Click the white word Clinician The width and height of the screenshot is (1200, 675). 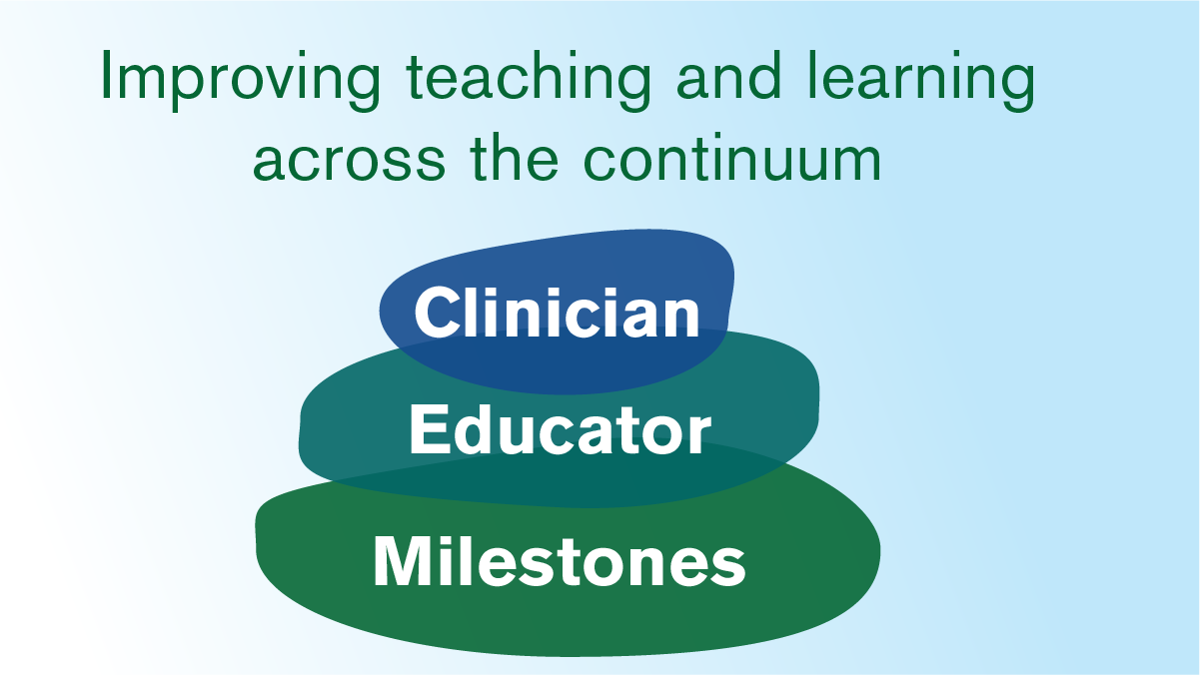558,313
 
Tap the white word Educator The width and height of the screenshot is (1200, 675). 560,431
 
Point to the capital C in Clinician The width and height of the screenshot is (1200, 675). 437,313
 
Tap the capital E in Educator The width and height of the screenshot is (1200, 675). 427,431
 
